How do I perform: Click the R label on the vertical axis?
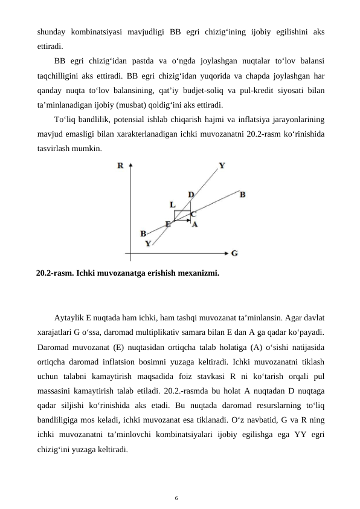click(121, 165)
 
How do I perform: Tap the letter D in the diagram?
click(191, 194)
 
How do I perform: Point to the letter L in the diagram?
click(172, 205)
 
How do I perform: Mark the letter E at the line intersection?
click(168, 223)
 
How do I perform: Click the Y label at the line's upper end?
click(222, 164)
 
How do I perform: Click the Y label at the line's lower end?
click(148, 244)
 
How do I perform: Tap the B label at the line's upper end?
click(242, 194)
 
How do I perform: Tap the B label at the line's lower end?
click(143, 233)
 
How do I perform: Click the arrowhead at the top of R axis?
click(131, 164)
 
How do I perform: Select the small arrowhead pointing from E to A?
click(185, 221)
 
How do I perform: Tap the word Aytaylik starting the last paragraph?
click(69, 318)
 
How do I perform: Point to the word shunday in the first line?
click(50, 31)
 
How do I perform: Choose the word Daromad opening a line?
click(52, 349)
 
